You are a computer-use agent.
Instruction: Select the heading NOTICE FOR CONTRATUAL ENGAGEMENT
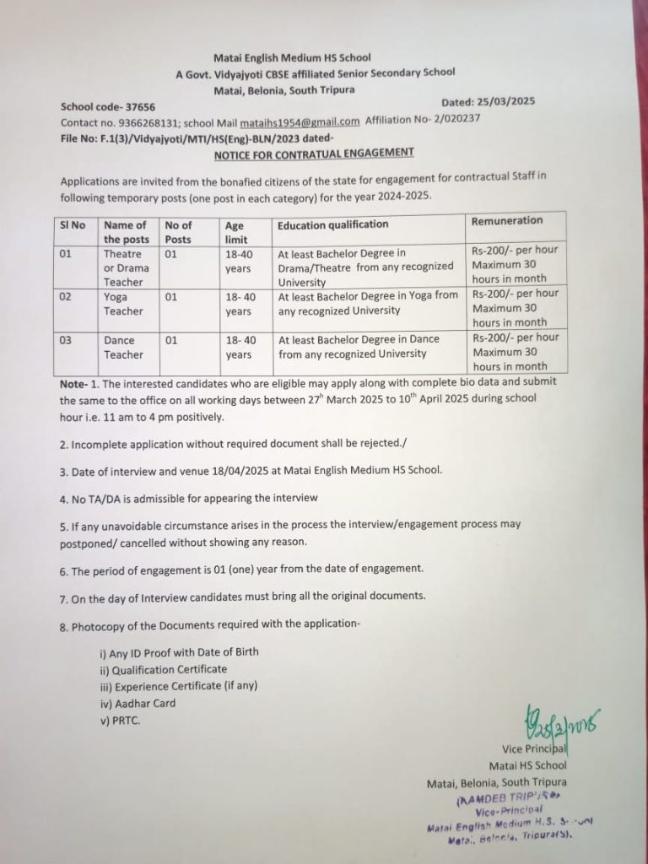tap(314, 154)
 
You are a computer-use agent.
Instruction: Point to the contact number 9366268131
tap(142, 121)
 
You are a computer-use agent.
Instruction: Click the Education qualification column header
tap(332, 224)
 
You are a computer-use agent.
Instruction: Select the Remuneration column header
tap(507, 221)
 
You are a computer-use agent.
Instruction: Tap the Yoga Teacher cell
tap(123, 304)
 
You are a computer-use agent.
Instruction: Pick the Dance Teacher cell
tap(123, 348)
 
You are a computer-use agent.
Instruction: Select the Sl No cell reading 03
tap(67, 340)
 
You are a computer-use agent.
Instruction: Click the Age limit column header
tap(235, 232)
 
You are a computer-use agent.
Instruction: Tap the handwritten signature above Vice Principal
tap(557, 723)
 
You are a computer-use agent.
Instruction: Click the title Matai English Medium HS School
tap(292, 58)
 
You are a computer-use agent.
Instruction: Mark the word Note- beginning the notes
tap(73, 384)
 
